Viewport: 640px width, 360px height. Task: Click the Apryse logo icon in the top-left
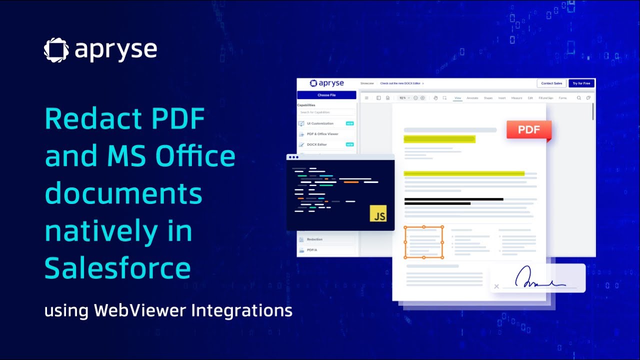[x=56, y=50]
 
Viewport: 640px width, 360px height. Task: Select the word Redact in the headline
[x=88, y=119]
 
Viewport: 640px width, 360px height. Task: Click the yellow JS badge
[x=378, y=213]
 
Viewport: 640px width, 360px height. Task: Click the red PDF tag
[x=528, y=130]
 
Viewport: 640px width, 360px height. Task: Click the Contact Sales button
[x=551, y=83]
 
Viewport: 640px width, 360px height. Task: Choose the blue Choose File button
[x=326, y=95]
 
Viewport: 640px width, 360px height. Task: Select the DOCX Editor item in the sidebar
[x=316, y=144]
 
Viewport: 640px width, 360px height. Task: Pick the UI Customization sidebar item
[x=320, y=123]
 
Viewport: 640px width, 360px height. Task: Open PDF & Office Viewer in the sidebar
[x=322, y=134]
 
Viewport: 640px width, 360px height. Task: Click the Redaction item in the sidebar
[x=314, y=239]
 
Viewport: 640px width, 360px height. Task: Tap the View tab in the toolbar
[x=457, y=98]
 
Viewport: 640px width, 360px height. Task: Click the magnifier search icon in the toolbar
[x=579, y=98]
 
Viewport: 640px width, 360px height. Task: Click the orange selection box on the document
[x=423, y=242]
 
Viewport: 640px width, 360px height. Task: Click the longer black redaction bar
[x=453, y=199]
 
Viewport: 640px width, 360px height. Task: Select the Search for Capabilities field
[x=326, y=112]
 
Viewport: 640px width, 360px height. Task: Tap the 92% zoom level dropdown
[x=403, y=98]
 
